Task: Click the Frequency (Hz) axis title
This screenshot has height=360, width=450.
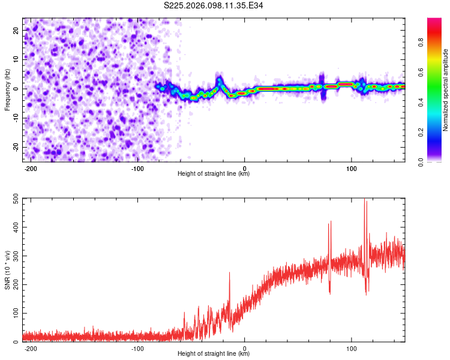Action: click(x=7, y=89)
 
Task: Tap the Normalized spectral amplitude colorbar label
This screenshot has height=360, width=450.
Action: click(x=446, y=90)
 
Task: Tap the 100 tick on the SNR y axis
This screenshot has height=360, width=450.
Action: click(x=14, y=314)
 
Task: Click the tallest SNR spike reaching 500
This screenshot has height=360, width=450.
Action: click(x=365, y=202)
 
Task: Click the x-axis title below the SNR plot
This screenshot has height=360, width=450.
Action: click(x=214, y=354)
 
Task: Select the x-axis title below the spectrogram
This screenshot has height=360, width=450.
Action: click(x=214, y=174)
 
